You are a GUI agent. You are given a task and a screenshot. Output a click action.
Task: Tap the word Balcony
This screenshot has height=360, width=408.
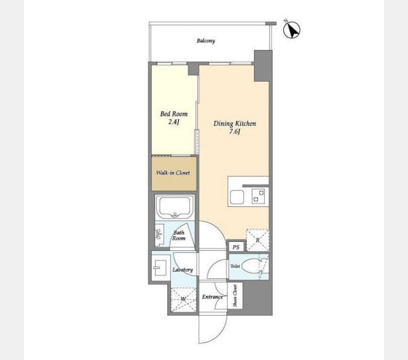206,41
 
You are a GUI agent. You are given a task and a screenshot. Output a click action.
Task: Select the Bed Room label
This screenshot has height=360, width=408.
173,114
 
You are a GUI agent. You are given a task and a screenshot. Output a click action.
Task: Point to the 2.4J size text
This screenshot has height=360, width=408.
174,122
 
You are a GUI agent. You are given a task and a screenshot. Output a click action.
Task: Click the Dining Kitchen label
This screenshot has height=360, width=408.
235,124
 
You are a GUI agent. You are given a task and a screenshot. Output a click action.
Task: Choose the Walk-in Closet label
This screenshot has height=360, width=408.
173,173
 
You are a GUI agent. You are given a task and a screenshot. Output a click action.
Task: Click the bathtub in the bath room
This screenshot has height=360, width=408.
174,208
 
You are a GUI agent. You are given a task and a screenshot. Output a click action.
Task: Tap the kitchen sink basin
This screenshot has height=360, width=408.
236,196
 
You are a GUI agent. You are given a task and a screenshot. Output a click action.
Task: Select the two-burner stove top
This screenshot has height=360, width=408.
259,196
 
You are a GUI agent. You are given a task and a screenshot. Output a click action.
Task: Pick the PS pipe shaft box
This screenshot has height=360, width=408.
236,247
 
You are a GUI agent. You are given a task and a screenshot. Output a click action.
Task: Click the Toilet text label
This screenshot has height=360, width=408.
235,265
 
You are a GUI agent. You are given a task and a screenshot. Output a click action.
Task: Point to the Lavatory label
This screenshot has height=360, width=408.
182,270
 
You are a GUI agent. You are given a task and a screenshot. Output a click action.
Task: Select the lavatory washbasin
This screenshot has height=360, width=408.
160,268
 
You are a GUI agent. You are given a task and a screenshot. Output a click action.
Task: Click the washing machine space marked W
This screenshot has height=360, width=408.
182,299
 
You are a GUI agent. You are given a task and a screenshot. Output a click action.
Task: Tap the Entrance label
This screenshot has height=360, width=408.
212,297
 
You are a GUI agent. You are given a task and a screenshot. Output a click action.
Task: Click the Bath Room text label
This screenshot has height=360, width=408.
179,235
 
